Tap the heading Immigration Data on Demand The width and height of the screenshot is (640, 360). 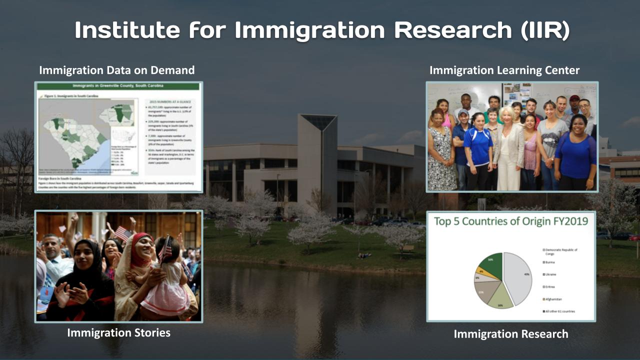pos(116,70)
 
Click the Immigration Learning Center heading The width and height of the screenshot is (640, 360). pos(504,70)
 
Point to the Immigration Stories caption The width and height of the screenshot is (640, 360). pos(118,332)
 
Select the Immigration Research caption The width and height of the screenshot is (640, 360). pos(510,334)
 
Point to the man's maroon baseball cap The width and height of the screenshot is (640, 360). pos(574,98)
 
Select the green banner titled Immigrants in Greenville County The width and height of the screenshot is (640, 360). pos(118,86)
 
